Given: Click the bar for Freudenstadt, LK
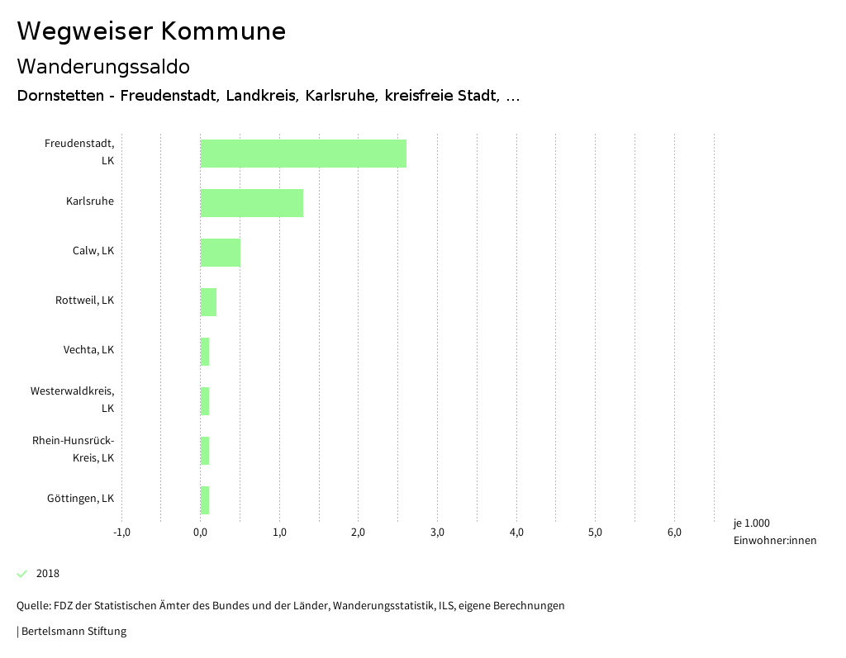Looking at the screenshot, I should coord(303,154).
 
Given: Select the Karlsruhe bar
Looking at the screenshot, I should coord(252,203).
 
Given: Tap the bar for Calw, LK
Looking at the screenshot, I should coord(221,253).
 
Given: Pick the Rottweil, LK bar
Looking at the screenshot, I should coord(208,302).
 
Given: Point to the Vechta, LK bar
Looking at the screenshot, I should coord(205,352).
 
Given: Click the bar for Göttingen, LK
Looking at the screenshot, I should coord(205,500).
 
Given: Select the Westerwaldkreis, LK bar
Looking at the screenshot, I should coord(205,401).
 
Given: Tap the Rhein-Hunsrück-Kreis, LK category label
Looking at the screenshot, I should coord(74,449).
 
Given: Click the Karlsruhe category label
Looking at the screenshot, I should coord(90,201).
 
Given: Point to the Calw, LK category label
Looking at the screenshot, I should coord(93,251).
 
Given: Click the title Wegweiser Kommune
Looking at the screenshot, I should coord(151,31).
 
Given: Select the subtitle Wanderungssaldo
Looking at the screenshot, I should coord(103,66).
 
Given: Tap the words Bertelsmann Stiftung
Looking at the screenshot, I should coord(74,632).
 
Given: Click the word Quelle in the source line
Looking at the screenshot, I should coord(32,606).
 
